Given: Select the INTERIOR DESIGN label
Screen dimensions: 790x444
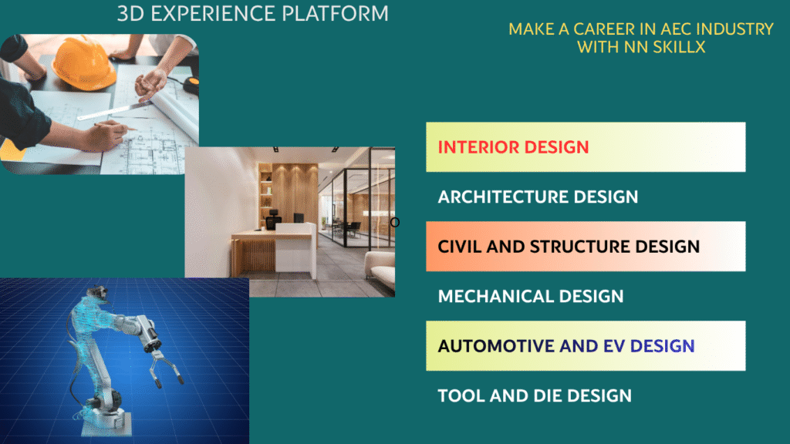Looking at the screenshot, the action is pyautogui.click(x=513, y=147).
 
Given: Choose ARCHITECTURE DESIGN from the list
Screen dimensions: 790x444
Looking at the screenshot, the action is pyautogui.click(x=538, y=197).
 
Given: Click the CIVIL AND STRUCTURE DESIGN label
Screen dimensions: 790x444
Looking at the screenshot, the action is pyautogui.click(x=569, y=247).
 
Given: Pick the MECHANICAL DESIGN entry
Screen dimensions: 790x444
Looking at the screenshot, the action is pyautogui.click(x=531, y=296).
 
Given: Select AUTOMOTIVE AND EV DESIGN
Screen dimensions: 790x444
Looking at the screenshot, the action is pyautogui.click(x=565, y=346).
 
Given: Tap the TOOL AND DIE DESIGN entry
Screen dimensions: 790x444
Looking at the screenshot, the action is pyautogui.click(x=535, y=395).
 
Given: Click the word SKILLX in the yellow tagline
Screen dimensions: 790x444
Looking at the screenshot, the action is pyautogui.click(x=679, y=47).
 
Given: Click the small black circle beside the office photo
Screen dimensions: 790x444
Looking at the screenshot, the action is pyautogui.click(x=395, y=222).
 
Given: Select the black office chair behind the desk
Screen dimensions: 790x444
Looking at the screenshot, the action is pyautogui.click(x=272, y=220).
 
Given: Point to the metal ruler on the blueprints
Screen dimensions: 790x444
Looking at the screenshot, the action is pyautogui.click(x=115, y=110).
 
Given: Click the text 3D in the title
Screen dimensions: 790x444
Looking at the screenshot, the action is pyautogui.click(x=131, y=14).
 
